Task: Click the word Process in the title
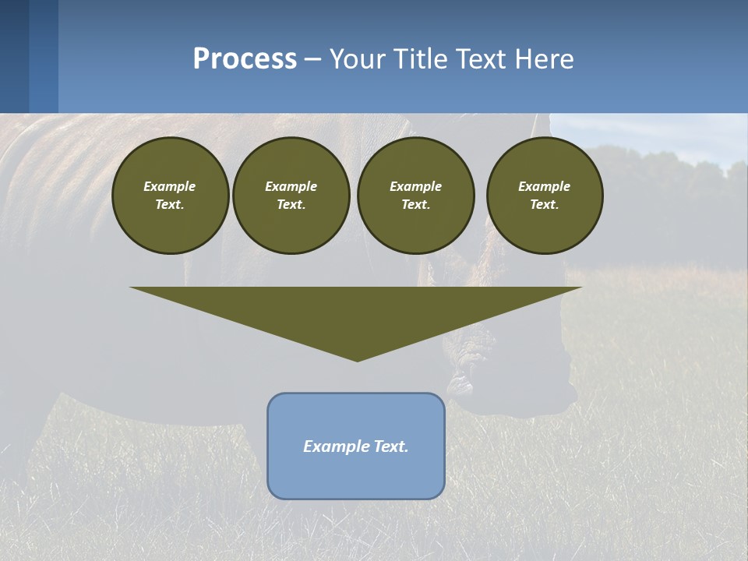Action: [245, 59]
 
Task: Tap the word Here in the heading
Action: [545, 59]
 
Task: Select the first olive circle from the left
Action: [170, 195]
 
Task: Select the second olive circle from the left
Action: [291, 195]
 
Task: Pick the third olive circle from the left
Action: [415, 195]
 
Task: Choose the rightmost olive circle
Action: [544, 195]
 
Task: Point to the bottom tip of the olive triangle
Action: [357, 360]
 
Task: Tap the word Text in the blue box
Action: [390, 446]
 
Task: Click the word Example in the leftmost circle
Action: [170, 186]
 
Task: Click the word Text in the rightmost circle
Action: [544, 204]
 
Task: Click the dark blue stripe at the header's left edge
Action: [14, 56]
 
